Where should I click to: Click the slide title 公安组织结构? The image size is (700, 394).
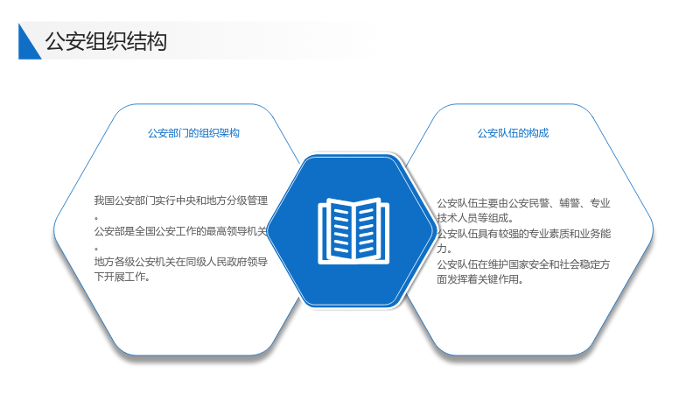[x=106, y=41]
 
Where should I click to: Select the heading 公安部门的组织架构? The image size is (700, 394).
[x=193, y=133]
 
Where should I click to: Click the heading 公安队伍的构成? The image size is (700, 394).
[x=513, y=133]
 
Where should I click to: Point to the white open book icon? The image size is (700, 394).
[x=353, y=231]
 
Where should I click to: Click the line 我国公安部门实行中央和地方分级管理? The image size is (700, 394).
[x=181, y=201]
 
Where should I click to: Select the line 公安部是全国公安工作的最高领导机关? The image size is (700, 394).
[x=180, y=231]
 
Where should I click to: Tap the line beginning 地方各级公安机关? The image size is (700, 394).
[x=181, y=262]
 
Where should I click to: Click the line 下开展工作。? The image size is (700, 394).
[x=122, y=277]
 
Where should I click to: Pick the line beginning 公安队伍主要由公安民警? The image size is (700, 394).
[x=523, y=203]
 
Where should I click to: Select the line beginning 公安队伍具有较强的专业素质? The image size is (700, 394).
[x=523, y=234]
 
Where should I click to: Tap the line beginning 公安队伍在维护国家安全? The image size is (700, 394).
[x=523, y=264]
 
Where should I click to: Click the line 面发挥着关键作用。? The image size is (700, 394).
[x=479, y=279]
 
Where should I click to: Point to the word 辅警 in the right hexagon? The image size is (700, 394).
[x=570, y=203]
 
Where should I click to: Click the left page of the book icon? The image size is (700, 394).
[x=339, y=229]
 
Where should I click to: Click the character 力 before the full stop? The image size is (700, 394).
[x=442, y=249]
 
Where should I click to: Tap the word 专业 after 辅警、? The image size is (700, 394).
[x=600, y=203]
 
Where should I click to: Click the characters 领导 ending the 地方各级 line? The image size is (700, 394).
[x=258, y=262]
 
